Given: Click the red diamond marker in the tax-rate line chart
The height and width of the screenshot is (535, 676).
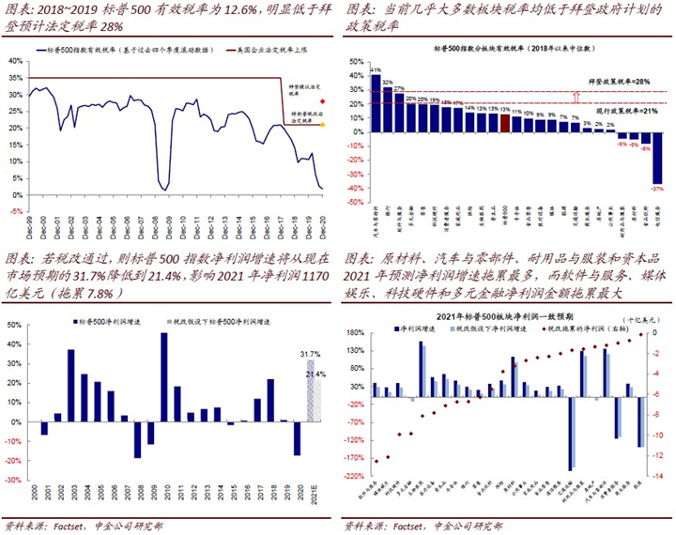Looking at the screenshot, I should click(x=323, y=100).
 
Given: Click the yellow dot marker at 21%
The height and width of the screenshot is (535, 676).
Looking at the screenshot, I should click(x=323, y=124).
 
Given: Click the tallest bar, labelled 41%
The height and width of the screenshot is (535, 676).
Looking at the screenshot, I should click(x=376, y=101).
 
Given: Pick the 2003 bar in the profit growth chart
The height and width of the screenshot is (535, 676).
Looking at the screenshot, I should click(x=70, y=386).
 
